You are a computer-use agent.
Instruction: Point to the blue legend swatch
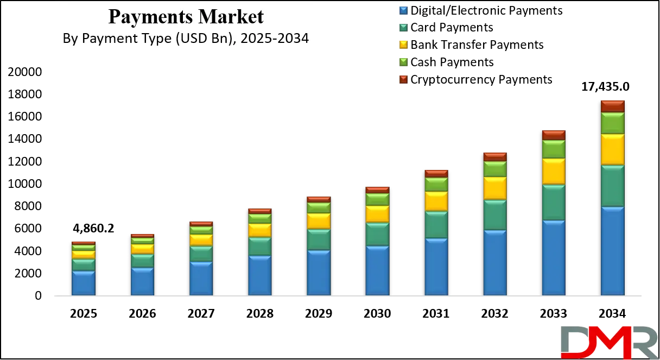[x=403, y=10]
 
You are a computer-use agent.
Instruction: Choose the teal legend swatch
[x=403, y=28]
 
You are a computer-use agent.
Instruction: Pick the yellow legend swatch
[x=403, y=45]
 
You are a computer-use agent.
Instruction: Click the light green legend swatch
[x=403, y=62]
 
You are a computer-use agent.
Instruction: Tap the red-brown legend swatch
[x=403, y=80]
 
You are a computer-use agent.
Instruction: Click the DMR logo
[x=608, y=342]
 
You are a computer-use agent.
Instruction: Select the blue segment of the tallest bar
[x=612, y=251]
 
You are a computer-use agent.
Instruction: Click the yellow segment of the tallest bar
[x=612, y=149]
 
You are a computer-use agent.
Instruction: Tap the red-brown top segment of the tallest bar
[x=612, y=106]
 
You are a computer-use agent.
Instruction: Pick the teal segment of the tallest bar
[x=612, y=186]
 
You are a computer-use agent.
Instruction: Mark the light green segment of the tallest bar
[x=612, y=123]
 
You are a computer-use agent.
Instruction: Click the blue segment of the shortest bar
[x=84, y=283]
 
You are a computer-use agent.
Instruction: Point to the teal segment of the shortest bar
[x=84, y=265]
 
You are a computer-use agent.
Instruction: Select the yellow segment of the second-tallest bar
[x=554, y=172]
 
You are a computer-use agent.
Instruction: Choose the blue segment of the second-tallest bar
[x=554, y=258]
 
